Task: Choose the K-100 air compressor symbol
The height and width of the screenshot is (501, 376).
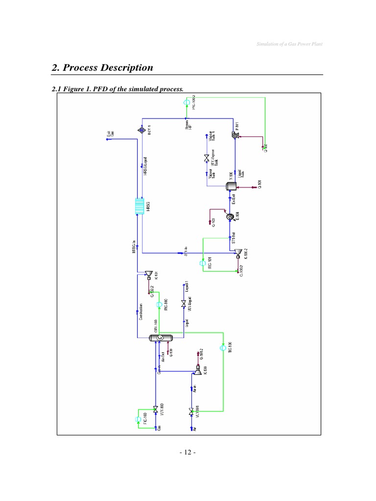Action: [196, 371]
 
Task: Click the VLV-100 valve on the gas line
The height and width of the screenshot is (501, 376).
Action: [156, 408]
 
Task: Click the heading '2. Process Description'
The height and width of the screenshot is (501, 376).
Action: [102, 68]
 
